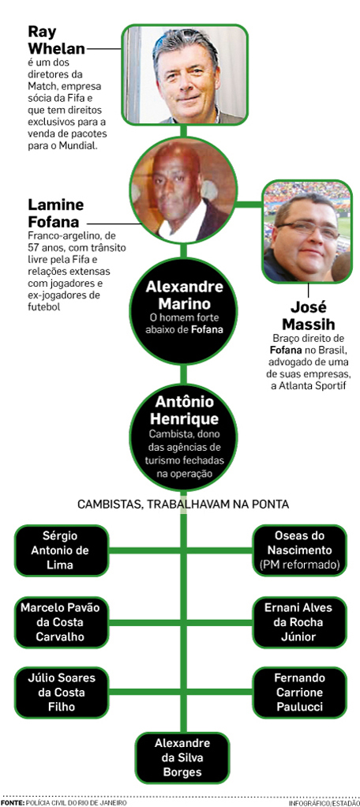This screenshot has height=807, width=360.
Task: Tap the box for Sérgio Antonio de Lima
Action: tap(62, 550)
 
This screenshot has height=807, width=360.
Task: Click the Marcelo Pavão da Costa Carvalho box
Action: tap(62, 621)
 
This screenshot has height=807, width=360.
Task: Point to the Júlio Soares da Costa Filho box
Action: tap(62, 693)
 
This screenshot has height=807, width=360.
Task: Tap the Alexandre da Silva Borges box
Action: tap(183, 757)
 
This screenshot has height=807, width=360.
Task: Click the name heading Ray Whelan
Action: tap(57, 40)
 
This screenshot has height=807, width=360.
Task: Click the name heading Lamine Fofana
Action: tap(55, 213)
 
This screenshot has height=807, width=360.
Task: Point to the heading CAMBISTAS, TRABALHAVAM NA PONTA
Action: tap(183, 505)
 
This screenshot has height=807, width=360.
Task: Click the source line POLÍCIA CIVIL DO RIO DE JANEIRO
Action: tap(76, 803)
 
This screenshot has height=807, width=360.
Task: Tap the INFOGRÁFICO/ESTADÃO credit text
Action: tap(324, 803)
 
